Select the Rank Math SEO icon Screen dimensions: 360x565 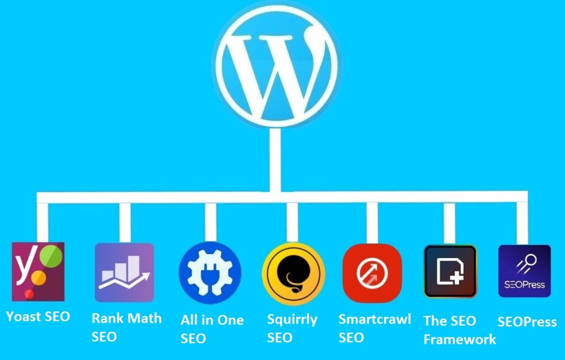tap(124, 272)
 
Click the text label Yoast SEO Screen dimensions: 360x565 tap(38, 316)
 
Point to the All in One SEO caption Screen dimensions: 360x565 tap(212, 329)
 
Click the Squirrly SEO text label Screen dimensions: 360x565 tap(292, 328)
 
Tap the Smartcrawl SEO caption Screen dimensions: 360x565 tap(375, 328)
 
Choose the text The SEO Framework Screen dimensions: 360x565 tap(459, 330)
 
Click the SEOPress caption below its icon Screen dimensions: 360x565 tap(527, 322)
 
